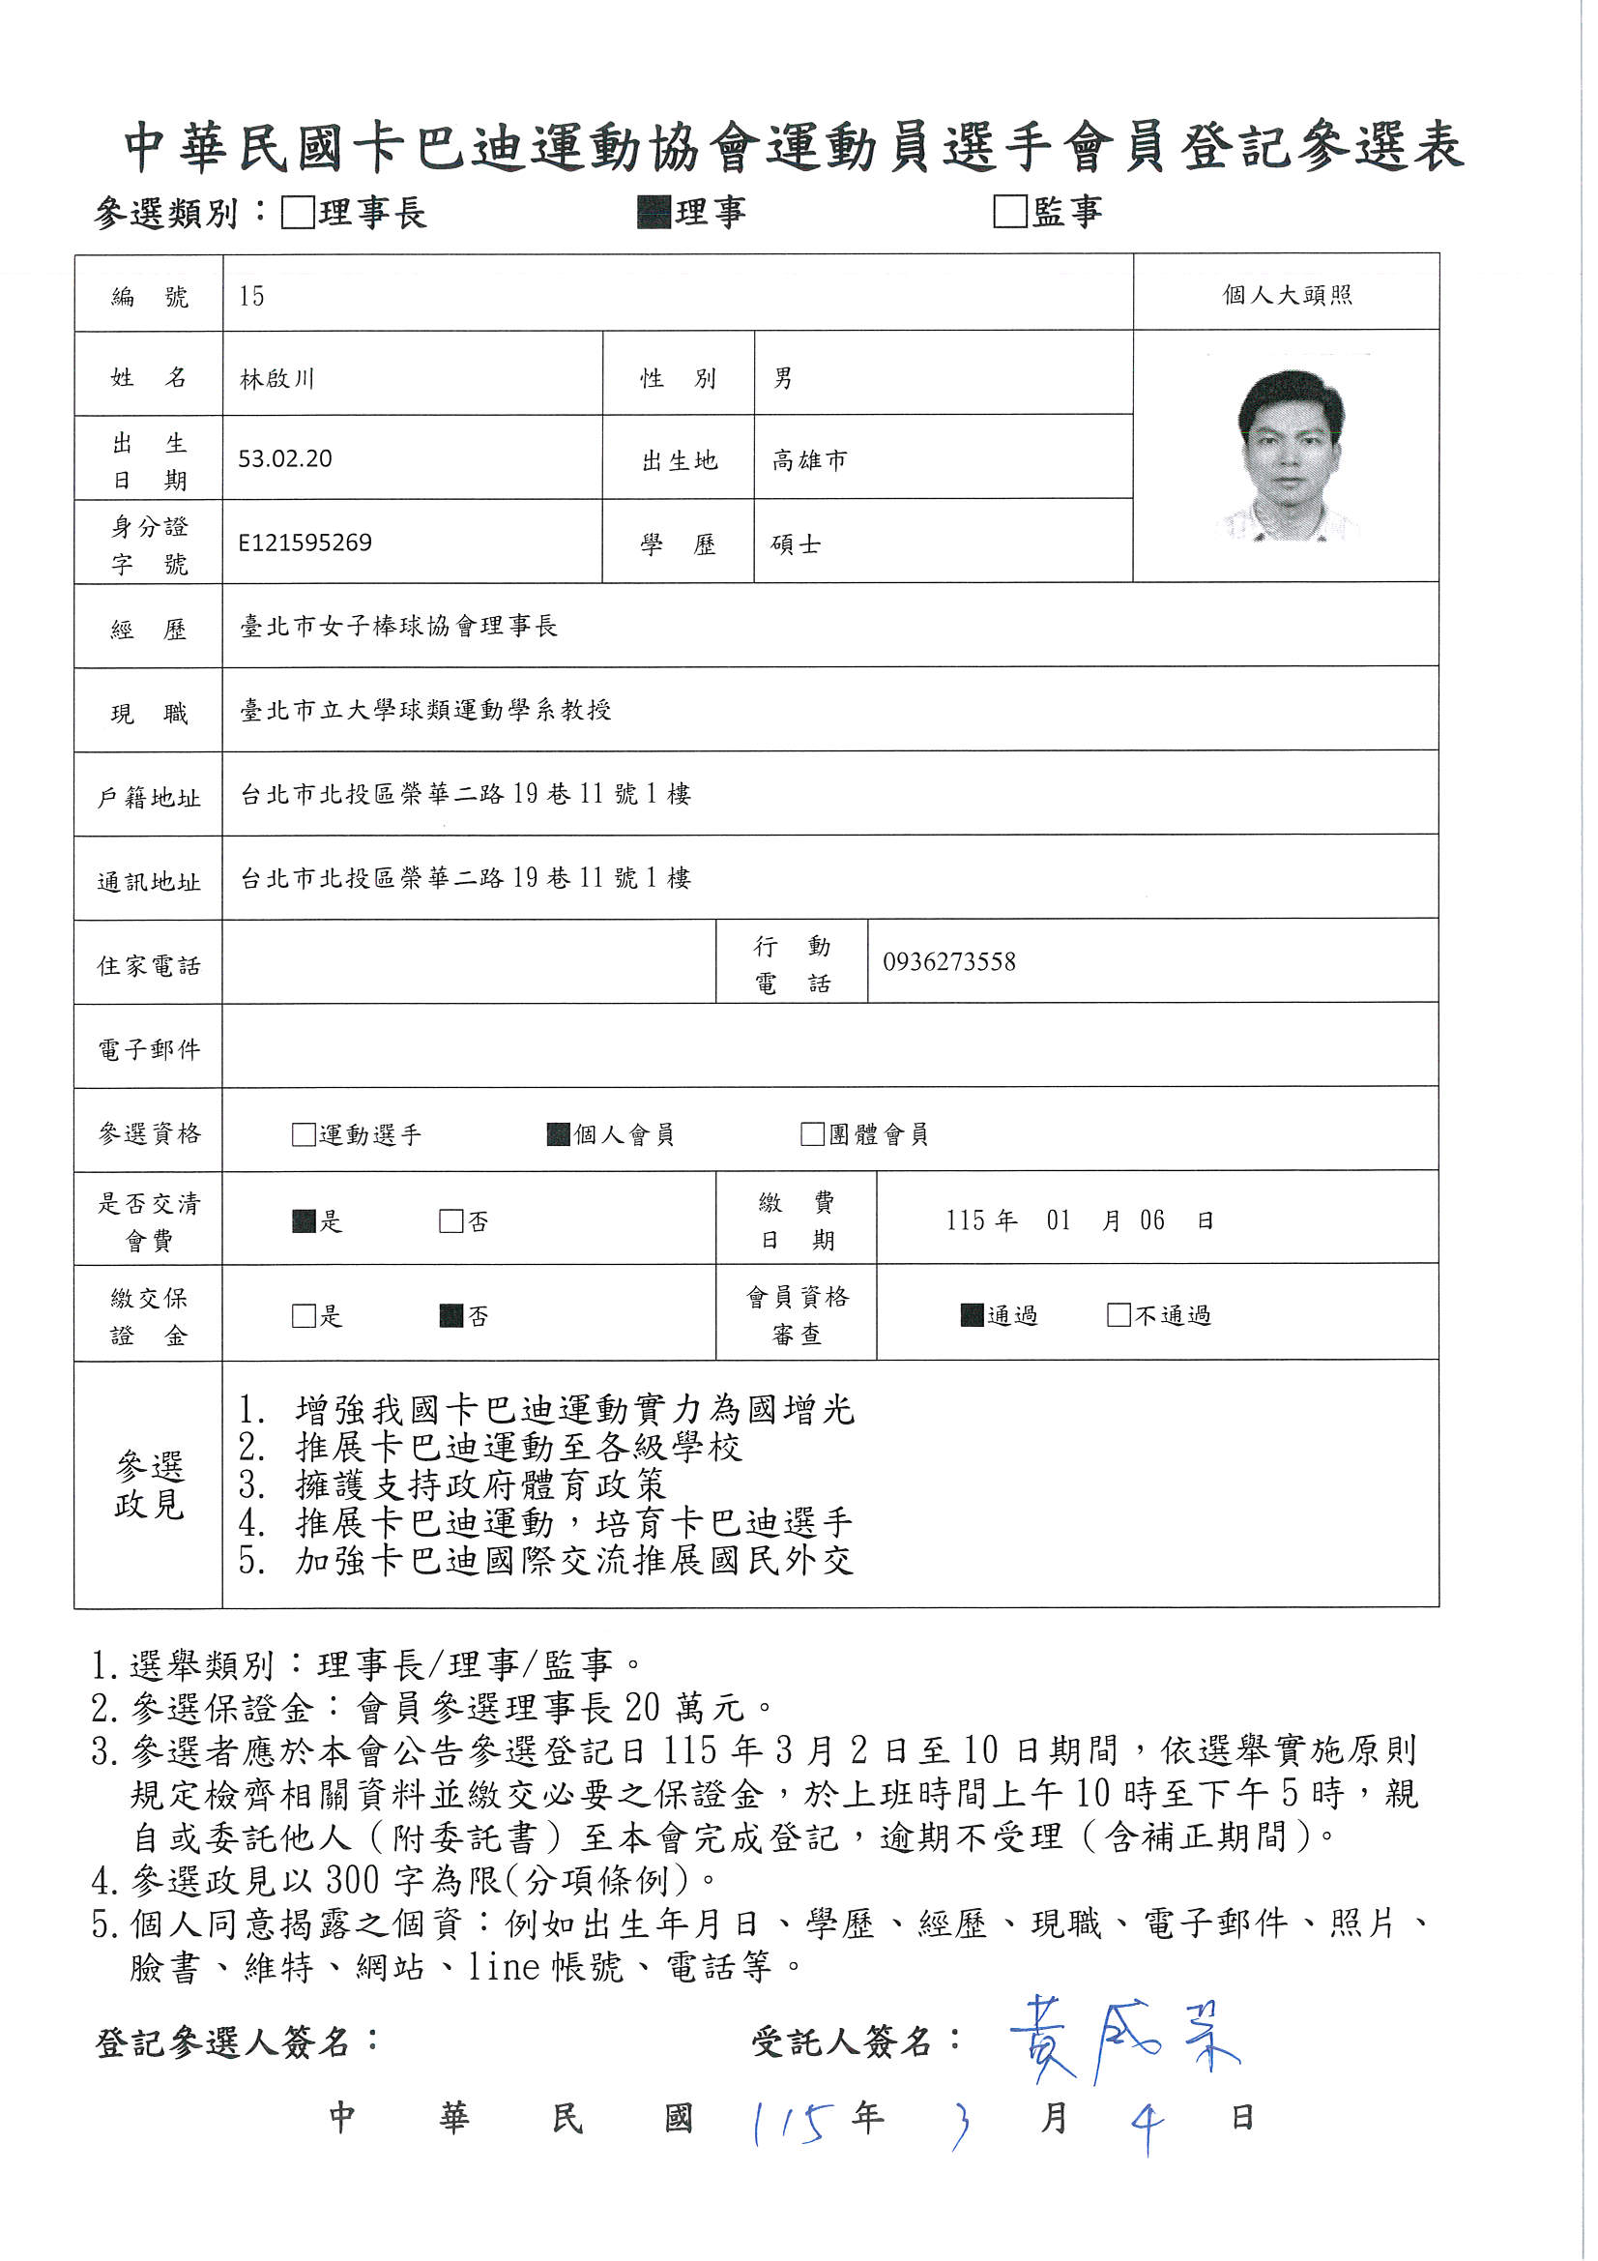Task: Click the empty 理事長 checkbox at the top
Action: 298,213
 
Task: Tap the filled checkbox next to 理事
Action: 653,213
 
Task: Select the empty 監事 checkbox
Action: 1009,212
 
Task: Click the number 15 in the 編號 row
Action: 251,297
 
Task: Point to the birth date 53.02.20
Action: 284,459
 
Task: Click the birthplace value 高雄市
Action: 809,460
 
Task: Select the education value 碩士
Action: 796,544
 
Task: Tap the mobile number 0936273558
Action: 948,962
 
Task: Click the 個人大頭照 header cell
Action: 1286,294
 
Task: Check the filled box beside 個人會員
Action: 558,1134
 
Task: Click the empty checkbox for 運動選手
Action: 304,1134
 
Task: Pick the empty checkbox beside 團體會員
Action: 812,1134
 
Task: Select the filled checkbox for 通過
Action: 972,1314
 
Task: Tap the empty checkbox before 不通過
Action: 1119,1314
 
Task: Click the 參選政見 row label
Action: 149,1485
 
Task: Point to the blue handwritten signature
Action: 1122,2041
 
